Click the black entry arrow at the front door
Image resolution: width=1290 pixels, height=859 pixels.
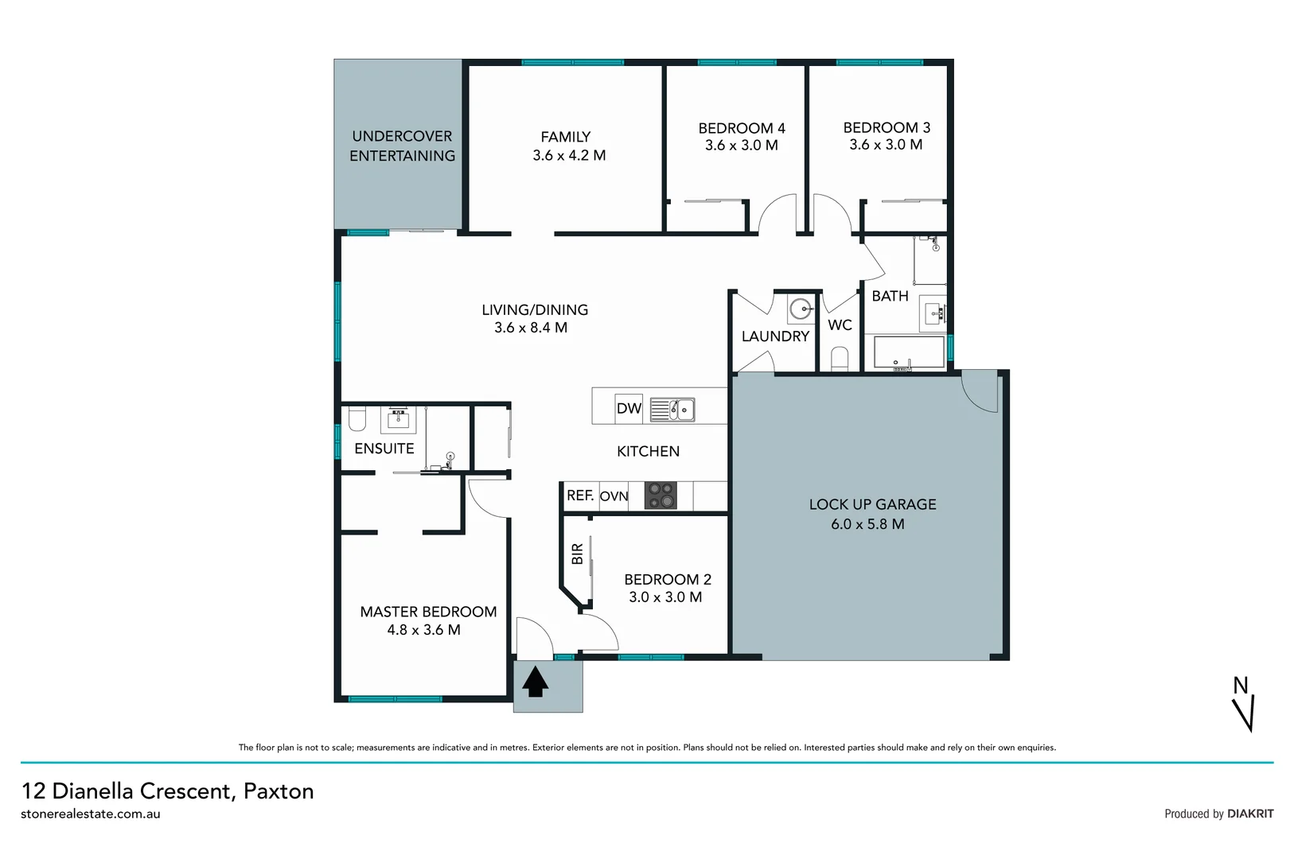(535, 682)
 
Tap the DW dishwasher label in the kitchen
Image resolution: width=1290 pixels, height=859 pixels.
(629, 408)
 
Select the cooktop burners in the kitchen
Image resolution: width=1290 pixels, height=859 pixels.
(661, 496)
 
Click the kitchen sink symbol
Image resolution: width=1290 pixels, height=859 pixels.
(673, 410)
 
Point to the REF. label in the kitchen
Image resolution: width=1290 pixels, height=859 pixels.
(580, 496)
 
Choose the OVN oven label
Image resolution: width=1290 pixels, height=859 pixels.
(614, 496)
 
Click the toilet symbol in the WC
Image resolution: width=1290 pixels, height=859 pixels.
(840, 359)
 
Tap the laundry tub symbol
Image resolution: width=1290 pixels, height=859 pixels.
(801, 308)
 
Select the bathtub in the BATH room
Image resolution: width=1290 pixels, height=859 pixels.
(909, 352)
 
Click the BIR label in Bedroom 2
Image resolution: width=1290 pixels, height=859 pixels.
(578, 554)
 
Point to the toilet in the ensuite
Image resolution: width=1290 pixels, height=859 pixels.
(357, 418)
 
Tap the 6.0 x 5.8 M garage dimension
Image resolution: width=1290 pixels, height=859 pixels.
(867, 524)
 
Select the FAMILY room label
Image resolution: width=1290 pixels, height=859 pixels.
(565, 137)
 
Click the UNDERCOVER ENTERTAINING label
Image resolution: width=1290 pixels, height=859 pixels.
(402, 146)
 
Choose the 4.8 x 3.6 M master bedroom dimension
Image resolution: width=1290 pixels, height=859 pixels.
(423, 630)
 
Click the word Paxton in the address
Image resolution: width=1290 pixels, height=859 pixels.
(279, 791)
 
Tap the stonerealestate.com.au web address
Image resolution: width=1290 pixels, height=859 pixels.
(91, 814)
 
